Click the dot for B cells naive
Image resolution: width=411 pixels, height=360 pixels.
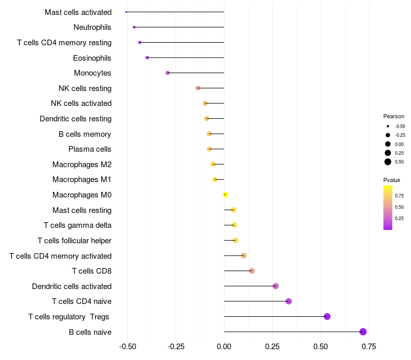click(363, 332)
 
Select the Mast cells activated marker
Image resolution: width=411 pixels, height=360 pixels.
click(126, 12)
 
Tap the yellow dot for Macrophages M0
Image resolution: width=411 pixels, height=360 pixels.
click(225, 195)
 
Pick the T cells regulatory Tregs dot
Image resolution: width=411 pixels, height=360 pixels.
click(327, 316)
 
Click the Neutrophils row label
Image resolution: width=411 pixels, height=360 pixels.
click(92, 27)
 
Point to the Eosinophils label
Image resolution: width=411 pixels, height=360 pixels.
click(92, 58)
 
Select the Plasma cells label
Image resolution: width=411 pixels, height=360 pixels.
click(90, 149)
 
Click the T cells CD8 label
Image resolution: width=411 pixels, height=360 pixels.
click(92, 271)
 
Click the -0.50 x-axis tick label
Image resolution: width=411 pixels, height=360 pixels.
click(127, 347)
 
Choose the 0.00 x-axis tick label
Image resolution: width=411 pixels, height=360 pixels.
click(224, 347)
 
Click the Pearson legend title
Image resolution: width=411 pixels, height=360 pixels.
click(394, 116)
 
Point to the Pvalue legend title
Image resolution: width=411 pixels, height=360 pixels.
click(391, 180)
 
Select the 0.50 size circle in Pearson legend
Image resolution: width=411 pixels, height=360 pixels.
click(388, 162)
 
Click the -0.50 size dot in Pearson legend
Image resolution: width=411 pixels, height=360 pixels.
click(388, 126)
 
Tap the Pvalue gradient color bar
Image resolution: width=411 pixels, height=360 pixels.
click(388, 207)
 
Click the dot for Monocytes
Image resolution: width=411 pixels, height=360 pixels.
click(167, 73)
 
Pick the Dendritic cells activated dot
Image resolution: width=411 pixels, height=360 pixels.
click(276, 286)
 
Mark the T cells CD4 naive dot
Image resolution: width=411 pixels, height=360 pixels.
click(289, 301)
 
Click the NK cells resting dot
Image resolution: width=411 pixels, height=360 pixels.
click(198, 88)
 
